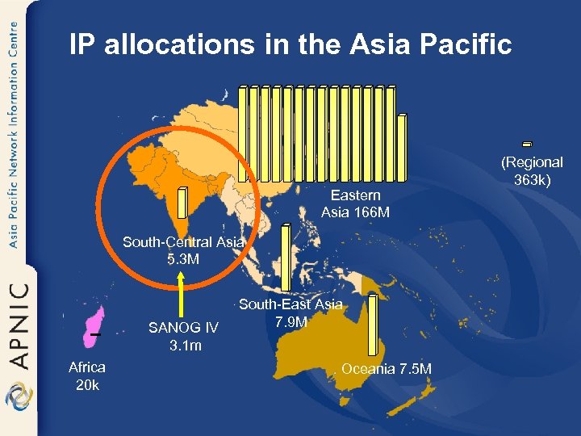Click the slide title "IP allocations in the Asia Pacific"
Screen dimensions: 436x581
click(290, 44)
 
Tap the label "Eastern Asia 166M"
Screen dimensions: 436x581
click(355, 204)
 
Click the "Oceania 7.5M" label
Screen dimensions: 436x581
click(387, 369)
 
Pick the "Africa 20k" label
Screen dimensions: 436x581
click(87, 376)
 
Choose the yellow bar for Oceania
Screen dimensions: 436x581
click(372, 325)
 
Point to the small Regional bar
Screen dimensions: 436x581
click(527, 145)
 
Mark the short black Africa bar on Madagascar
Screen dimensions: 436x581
click(94, 334)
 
